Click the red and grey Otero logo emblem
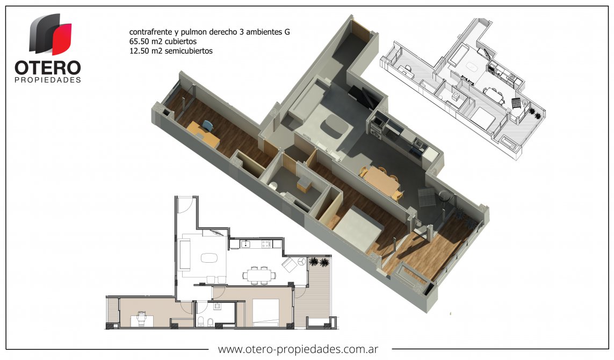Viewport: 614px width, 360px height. point(50,34)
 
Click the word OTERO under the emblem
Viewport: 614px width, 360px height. point(48,68)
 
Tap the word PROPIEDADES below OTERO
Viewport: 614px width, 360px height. point(48,80)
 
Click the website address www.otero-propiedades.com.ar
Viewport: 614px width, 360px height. point(298,349)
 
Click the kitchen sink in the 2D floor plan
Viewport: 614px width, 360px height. point(245,244)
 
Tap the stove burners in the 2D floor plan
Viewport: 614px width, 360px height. point(266,244)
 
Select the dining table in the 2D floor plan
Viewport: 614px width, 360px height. point(258,275)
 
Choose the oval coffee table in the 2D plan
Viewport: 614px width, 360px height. point(209,258)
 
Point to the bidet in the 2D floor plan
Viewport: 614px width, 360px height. point(210,322)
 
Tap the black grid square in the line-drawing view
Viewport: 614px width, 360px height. point(516,103)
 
